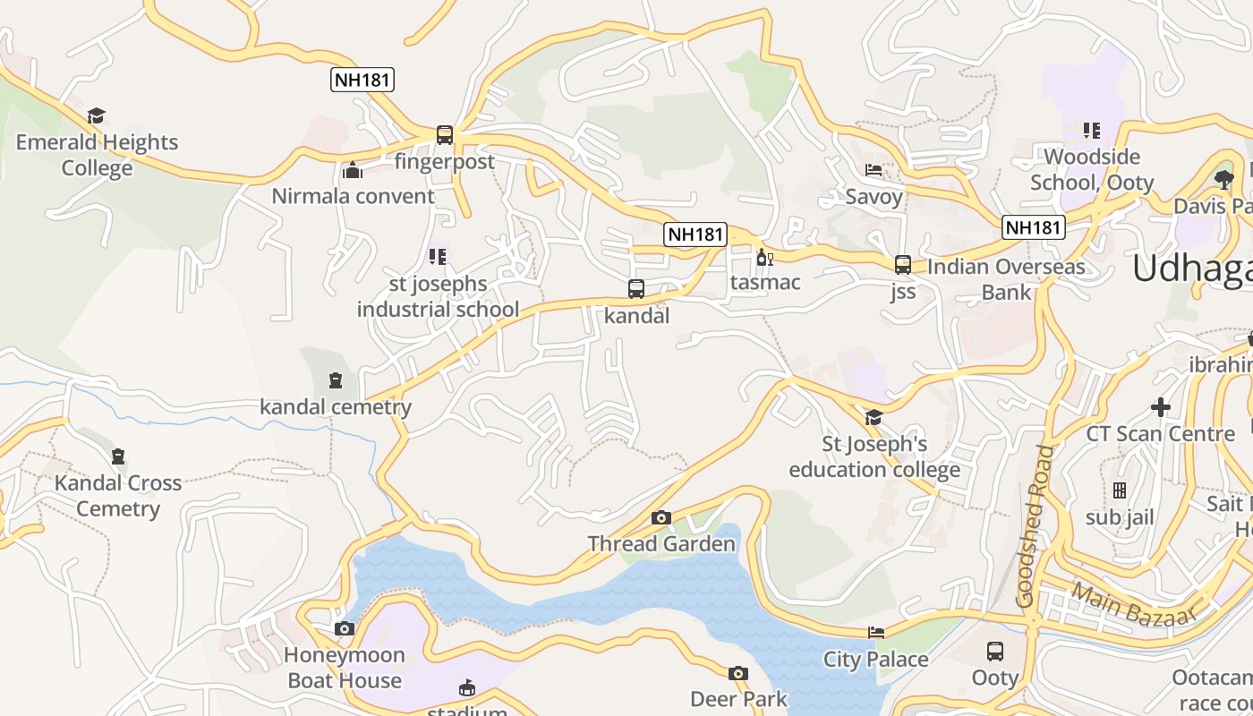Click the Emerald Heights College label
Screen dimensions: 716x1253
[97, 155]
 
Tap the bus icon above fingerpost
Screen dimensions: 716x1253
[445, 135]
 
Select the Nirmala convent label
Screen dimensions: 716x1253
[353, 196]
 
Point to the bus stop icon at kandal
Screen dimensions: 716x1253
[636, 289]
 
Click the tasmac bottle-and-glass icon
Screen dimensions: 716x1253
[764, 258]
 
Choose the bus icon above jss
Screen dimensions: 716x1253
[903, 265]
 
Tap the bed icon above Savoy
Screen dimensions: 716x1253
[874, 170]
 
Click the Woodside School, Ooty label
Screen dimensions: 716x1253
[1092, 169]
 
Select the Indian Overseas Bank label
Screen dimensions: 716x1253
[1006, 279]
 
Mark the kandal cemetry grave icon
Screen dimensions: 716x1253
[336, 380]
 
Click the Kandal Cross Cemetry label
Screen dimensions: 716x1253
[118, 496]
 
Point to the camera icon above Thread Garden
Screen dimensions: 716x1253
[661, 517]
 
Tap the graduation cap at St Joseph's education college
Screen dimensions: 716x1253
[874, 417]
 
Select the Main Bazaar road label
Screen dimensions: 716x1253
[1133, 606]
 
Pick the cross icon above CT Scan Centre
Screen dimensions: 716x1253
[1161, 407]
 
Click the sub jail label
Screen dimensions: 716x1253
[1120, 517]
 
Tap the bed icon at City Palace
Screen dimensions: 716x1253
[876, 633]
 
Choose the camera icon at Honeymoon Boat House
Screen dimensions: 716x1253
[345, 628]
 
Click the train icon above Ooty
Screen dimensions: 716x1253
[995, 651]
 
